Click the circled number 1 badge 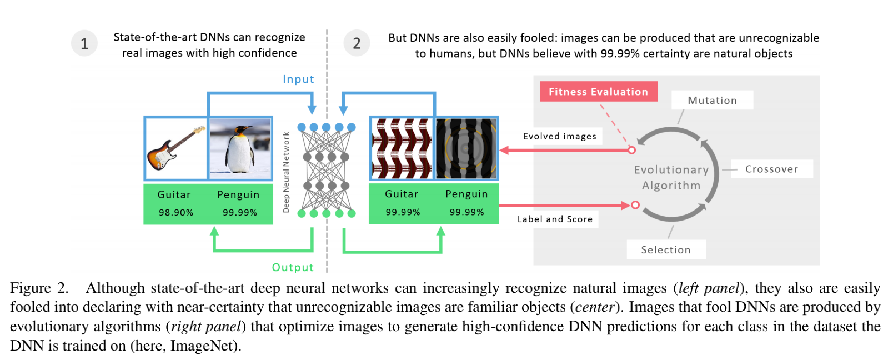84,43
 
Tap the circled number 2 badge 357,43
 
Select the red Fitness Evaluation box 598,92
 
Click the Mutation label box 712,101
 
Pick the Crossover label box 771,169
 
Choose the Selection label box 666,250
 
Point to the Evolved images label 560,136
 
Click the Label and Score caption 555,219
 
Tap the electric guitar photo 176,148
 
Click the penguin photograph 240,148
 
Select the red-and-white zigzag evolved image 402,148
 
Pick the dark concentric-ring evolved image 466,148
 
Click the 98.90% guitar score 176,213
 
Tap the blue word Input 298,79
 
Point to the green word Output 293,267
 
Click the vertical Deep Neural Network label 287,172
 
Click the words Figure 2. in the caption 39,288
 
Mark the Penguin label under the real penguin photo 238,194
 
